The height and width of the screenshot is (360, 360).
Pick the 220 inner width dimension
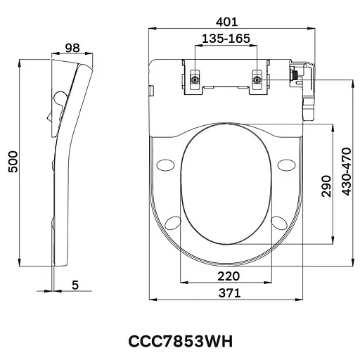[227, 275]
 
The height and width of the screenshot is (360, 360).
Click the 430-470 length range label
[345, 173]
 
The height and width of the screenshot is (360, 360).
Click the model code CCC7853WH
[179, 341]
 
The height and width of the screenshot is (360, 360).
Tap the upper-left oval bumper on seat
[167, 165]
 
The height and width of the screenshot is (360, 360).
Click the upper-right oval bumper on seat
[286, 165]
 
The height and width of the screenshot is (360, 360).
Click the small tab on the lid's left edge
[150, 89]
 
